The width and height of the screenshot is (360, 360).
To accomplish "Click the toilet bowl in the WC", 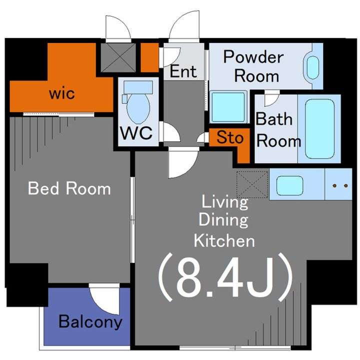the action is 138,108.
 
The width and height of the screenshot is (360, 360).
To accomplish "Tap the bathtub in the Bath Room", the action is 319,129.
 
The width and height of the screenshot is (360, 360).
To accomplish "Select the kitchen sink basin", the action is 289,185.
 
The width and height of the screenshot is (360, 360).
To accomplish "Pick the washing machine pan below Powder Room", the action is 228,107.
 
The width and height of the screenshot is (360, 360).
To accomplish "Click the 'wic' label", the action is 62,93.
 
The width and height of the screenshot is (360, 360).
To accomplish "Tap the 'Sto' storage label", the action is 230,137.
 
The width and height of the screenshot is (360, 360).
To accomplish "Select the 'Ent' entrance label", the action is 183,71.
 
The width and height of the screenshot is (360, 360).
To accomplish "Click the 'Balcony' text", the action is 90,321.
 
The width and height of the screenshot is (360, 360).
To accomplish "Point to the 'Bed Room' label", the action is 69,188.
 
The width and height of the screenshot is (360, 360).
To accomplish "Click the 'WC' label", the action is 136,132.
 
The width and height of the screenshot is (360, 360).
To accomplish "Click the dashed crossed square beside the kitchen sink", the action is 252,184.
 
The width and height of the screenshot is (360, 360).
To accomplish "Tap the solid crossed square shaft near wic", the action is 118,57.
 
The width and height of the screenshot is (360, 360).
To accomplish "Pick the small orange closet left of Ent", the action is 149,57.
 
